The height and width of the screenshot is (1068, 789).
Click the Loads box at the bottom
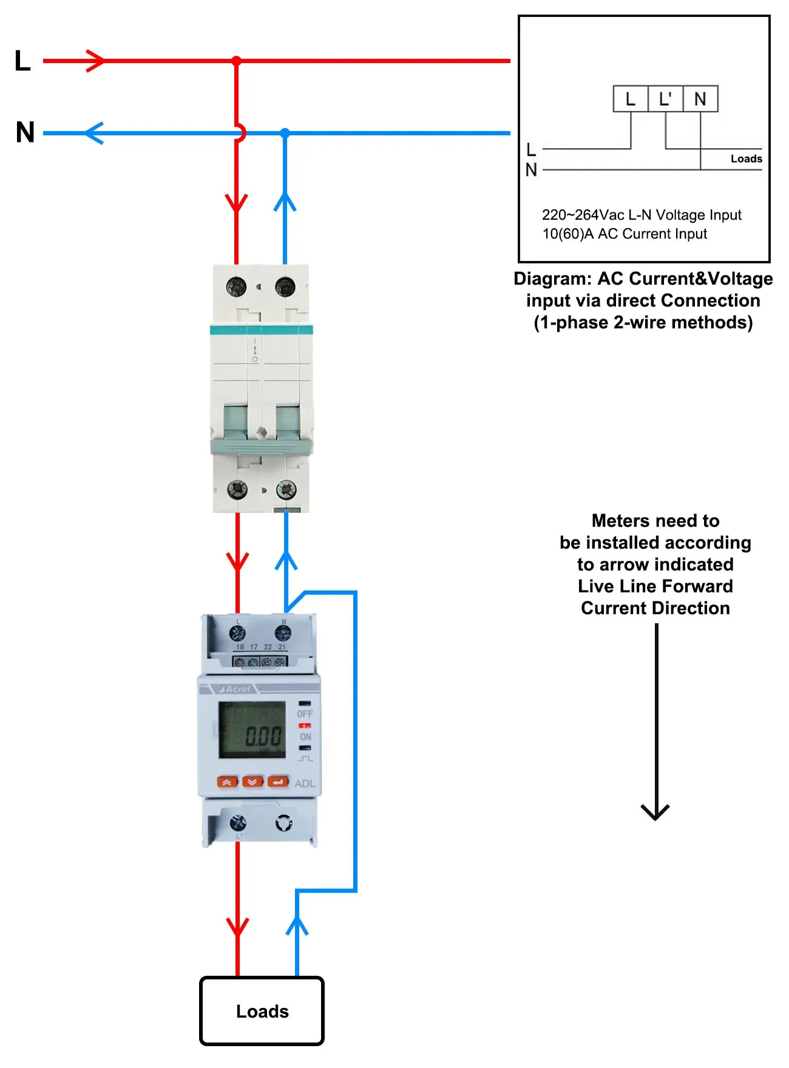262,1011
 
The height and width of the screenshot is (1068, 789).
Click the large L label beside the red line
22,61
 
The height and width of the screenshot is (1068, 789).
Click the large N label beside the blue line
25,132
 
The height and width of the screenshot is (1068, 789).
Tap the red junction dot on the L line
237,61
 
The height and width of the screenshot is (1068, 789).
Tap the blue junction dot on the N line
285,132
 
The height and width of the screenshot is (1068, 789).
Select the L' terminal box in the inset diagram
666,99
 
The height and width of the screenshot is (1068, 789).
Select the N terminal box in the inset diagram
700,99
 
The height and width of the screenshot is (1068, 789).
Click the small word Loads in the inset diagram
746,159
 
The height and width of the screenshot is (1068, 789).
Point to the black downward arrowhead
655,812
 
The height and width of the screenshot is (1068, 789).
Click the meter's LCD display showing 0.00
252,730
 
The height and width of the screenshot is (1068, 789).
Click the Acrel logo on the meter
235,689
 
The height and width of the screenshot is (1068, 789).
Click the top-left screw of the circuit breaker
236,286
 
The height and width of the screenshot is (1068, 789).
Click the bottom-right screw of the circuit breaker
286,489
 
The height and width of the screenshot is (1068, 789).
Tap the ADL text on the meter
305,783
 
